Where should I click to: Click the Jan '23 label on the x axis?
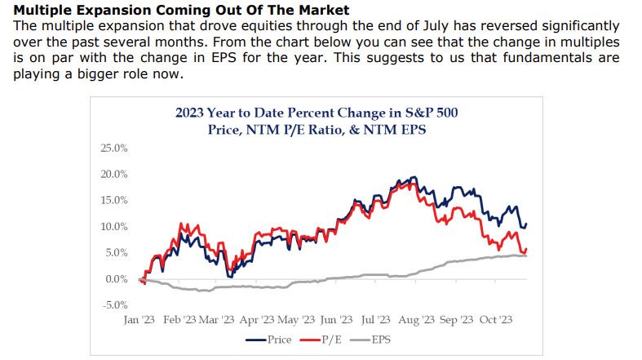(x=140, y=321)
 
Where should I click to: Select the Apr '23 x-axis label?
(x=259, y=321)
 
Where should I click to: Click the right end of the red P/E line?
(x=527, y=249)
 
